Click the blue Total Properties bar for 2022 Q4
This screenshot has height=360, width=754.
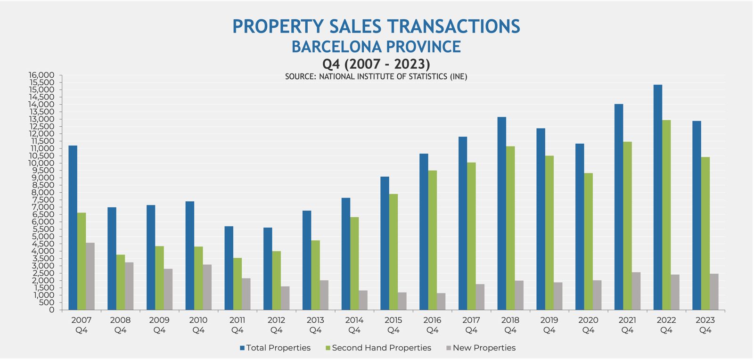pyautogui.click(x=657, y=198)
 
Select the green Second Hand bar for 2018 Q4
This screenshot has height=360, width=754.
pyautogui.click(x=510, y=229)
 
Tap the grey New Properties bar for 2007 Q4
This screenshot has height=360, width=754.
pyautogui.click(x=90, y=277)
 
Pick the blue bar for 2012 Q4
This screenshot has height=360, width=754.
pyautogui.click(x=268, y=269)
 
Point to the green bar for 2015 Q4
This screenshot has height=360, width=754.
pyautogui.click(x=393, y=252)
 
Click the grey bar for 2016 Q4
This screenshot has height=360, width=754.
pyautogui.click(x=441, y=302)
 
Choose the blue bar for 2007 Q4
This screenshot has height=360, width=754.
pyautogui.click(x=73, y=228)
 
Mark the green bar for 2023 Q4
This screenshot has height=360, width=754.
pyautogui.click(x=705, y=234)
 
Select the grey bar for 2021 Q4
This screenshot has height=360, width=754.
pyautogui.click(x=636, y=291)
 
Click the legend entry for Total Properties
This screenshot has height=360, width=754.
pyautogui.click(x=275, y=348)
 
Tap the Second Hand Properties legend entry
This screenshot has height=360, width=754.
pyautogui.click(x=378, y=348)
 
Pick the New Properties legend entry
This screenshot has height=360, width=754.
pyautogui.click(x=481, y=348)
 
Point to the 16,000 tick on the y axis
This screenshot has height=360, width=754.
pyautogui.click(x=41, y=75)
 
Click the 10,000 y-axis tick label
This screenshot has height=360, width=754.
pyautogui.click(x=41, y=164)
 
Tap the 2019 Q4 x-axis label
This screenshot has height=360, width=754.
pyautogui.click(x=549, y=325)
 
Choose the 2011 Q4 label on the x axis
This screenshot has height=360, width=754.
pyautogui.click(x=237, y=325)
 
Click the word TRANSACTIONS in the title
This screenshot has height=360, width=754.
pyautogui.click(x=443, y=26)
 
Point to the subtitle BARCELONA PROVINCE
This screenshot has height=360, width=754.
pyautogui.click(x=376, y=47)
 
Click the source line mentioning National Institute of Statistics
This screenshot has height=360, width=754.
pyautogui.click(x=376, y=76)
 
